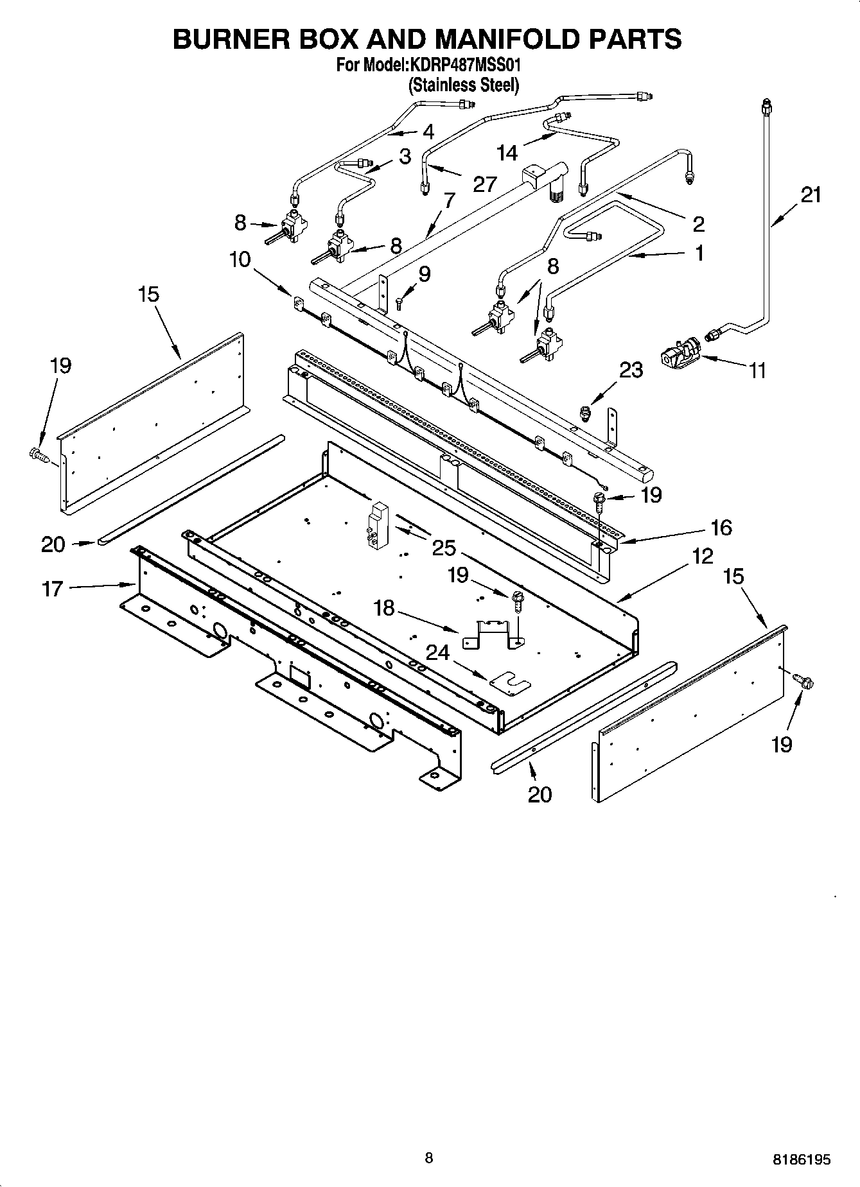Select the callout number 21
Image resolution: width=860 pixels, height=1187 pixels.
tap(811, 195)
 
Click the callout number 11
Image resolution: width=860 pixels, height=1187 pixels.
tap(758, 371)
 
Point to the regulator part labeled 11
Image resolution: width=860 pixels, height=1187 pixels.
tap(679, 353)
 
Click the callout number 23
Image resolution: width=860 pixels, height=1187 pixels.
tap(631, 370)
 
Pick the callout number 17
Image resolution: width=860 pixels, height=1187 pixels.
tap(53, 588)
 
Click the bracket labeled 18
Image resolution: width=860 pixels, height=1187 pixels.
tap(492, 632)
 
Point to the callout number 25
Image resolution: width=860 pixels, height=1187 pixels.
tap(444, 548)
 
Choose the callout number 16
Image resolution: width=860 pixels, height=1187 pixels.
tap(721, 528)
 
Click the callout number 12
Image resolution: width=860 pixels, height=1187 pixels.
tap(703, 556)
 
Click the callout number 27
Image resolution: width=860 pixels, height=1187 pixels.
tap(484, 184)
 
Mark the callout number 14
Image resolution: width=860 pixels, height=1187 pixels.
tap(507, 153)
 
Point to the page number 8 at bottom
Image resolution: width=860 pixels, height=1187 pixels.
tap(429, 1158)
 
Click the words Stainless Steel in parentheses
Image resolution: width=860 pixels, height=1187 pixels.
tap(464, 85)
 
